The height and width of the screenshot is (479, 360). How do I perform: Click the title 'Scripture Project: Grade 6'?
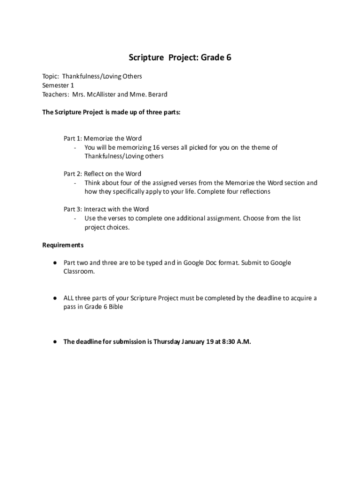click(x=180, y=58)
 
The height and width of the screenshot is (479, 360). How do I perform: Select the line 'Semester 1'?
click(x=58, y=85)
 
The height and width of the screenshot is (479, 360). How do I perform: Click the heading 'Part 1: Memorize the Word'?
click(x=102, y=138)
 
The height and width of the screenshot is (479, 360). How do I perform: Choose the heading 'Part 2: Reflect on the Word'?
click(x=102, y=174)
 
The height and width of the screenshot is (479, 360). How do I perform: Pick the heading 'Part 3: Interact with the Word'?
click(x=106, y=209)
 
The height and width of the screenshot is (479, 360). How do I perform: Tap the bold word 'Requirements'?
click(x=63, y=245)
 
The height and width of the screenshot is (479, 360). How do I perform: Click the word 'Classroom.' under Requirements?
click(x=79, y=271)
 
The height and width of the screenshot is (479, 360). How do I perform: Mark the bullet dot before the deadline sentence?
click(x=55, y=341)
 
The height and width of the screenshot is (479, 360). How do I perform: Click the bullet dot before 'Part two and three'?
click(x=55, y=262)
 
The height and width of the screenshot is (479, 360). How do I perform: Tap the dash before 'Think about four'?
click(x=75, y=183)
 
